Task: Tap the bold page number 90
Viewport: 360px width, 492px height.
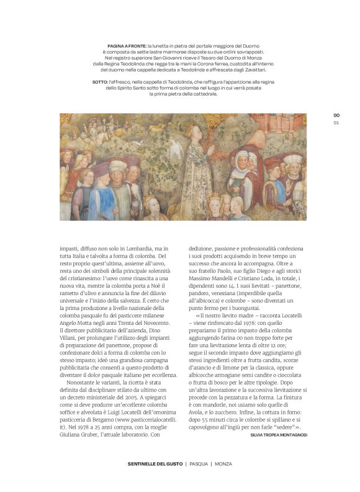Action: pyautogui.click(x=336, y=116)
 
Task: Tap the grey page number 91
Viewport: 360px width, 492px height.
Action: pyautogui.click(x=336, y=122)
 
